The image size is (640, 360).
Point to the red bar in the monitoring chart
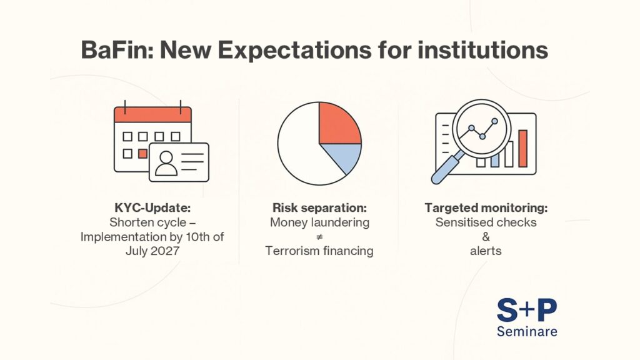[522, 148]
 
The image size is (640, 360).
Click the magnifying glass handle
[444, 167]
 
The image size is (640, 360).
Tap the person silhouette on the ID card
[166, 162]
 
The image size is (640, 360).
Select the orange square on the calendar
[143, 152]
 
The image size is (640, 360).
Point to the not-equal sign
[319, 237]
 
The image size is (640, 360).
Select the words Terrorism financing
[319, 251]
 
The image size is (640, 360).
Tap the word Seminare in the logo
[526, 331]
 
